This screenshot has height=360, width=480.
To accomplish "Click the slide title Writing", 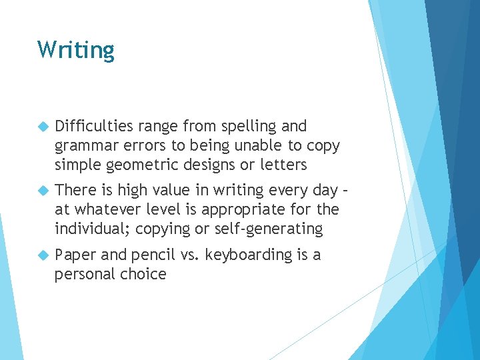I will (x=76, y=50).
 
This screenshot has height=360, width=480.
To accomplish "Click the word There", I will (x=76, y=191).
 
